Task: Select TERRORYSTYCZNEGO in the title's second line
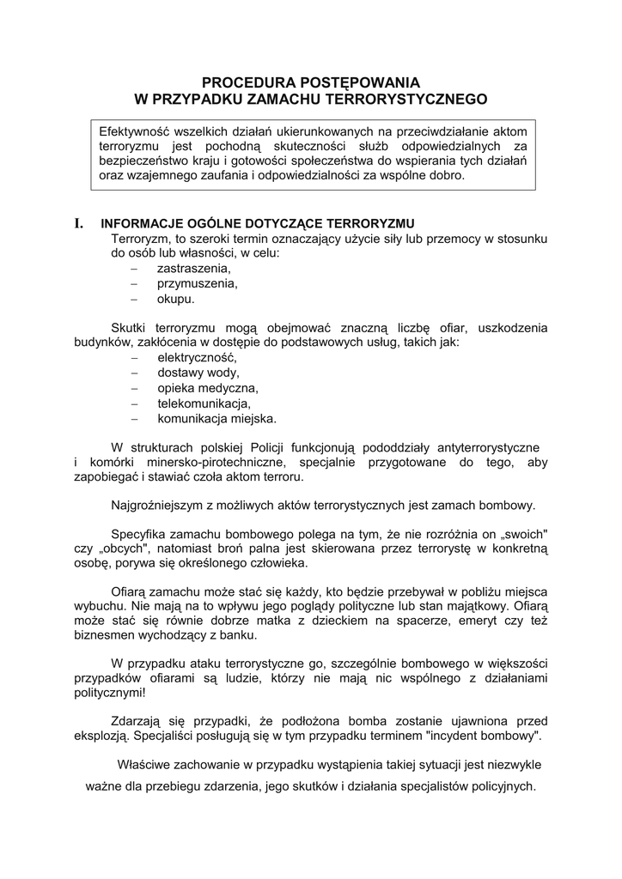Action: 406,100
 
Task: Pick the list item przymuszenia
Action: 197,283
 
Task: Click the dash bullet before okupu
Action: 134,299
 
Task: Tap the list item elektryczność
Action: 196,358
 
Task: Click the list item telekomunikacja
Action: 203,403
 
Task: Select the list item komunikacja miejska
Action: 216,419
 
